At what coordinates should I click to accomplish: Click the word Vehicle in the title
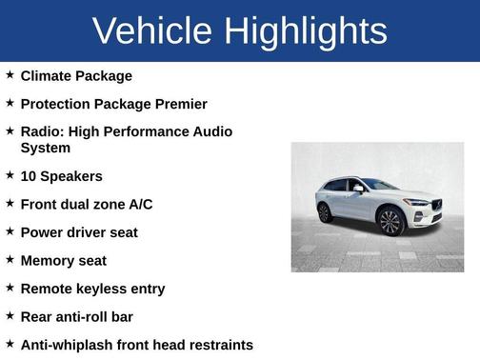[151, 30]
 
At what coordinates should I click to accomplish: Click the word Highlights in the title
[306, 30]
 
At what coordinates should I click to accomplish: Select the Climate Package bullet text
[76, 75]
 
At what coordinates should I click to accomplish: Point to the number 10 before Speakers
[29, 176]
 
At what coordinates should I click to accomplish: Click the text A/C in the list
[140, 204]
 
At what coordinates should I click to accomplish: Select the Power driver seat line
[79, 232]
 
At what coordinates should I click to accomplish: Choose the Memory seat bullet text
[64, 260]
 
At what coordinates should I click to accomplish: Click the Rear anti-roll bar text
[77, 316]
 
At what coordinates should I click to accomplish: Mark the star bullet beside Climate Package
[10, 74]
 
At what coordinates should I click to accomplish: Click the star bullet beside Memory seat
[10, 259]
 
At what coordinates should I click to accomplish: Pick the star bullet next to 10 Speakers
[10, 175]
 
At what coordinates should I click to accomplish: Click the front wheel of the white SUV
[390, 222]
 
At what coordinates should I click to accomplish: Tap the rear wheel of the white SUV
[325, 212]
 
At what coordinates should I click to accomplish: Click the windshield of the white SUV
[379, 184]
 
